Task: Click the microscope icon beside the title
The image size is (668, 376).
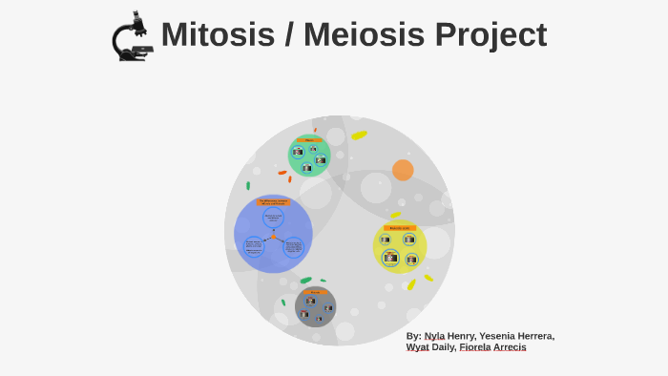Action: tap(133, 37)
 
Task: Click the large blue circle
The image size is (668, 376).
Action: tap(273, 234)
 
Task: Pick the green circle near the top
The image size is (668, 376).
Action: tap(309, 157)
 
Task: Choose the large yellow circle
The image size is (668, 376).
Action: tap(400, 247)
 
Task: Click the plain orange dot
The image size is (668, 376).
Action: tap(403, 170)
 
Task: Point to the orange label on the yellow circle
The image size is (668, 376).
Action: tap(400, 228)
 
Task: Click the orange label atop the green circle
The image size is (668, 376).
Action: tap(309, 140)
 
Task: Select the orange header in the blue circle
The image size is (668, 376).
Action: tap(273, 202)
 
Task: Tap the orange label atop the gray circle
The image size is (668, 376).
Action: tap(316, 291)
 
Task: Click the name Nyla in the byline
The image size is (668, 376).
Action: tap(434, 336)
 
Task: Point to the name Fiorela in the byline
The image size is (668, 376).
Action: tap(475, 347)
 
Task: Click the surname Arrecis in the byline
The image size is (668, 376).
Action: tap(511, 347)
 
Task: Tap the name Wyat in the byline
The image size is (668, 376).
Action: tap(417, 347)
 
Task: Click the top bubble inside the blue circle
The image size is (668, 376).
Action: tap(273, 218)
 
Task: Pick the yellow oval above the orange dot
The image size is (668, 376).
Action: tap(359, 136)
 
